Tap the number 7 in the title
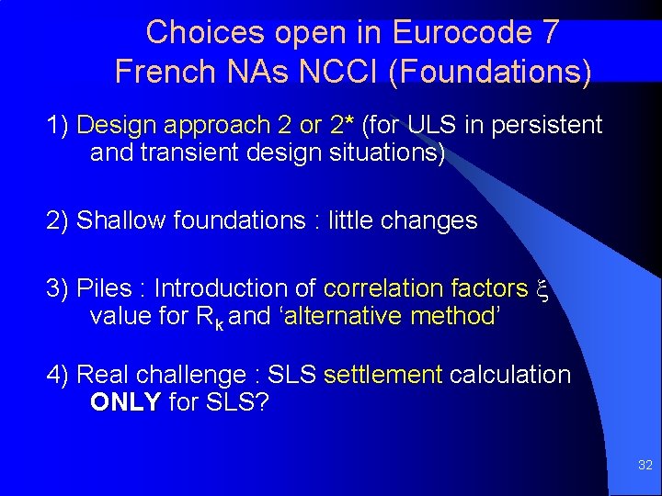549,32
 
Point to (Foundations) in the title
490,72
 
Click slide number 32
645,466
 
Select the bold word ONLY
126,403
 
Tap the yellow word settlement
383,375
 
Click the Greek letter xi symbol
542,288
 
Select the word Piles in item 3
106,288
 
